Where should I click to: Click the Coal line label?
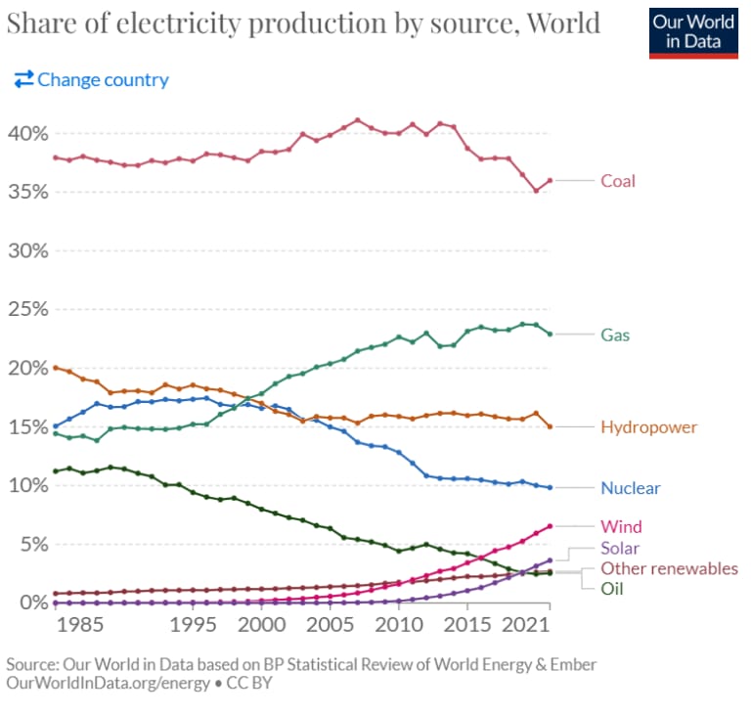click(617, 181)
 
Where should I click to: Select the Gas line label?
click(615, 335)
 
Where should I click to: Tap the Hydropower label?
click(648, 427)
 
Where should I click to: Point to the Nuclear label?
click(630, 488)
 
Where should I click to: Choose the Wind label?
click(621, 527)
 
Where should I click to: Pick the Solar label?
click(620, 549)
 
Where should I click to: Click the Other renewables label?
click(669, 568)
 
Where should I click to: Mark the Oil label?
click(611, 589)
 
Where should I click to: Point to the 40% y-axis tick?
click(26, 133)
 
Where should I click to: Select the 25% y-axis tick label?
click(26, 309)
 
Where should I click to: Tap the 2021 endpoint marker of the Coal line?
click(550, 180)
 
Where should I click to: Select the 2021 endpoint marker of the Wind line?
click(550, 526)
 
